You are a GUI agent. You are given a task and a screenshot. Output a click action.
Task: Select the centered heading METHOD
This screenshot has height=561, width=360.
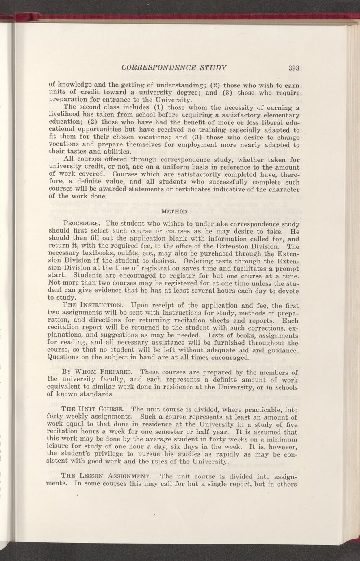(174, 212)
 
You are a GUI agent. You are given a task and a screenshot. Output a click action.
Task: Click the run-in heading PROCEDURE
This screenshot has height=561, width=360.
(83, 224)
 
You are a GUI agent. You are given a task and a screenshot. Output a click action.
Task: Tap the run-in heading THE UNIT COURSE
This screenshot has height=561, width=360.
(95, 409)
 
